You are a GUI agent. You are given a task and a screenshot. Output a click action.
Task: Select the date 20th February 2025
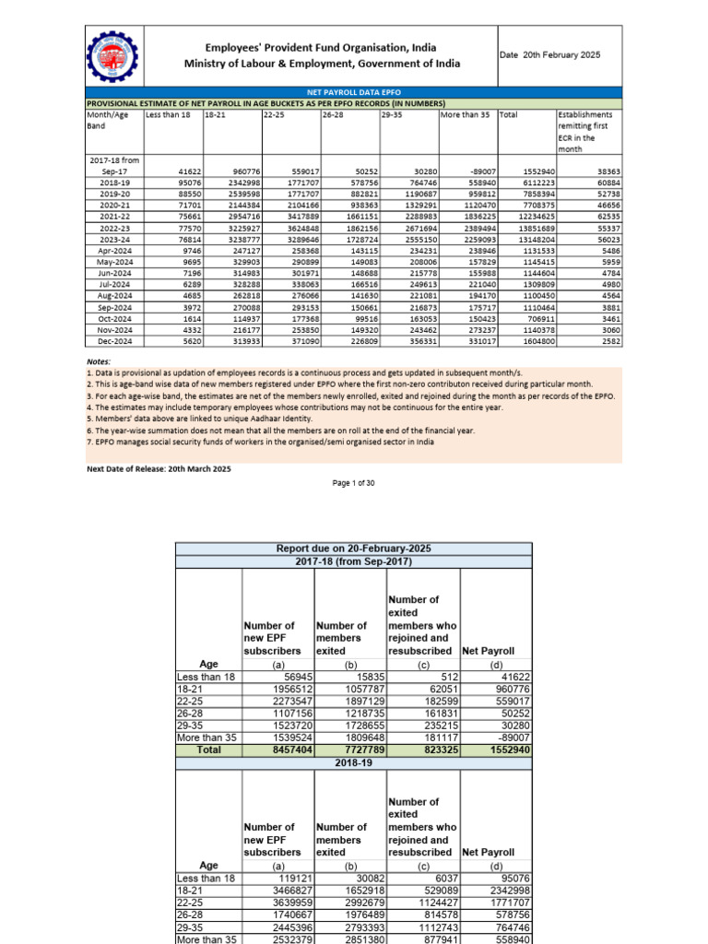(549, 55)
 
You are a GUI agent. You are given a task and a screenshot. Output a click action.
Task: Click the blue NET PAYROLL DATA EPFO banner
(353, 93)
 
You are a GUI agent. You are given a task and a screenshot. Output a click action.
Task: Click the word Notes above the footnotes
(99, 362)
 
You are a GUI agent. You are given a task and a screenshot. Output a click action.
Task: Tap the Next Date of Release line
(159, 469)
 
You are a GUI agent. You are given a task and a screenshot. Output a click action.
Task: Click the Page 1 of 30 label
(354, 484)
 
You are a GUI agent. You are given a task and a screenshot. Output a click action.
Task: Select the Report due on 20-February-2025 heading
(354, 549)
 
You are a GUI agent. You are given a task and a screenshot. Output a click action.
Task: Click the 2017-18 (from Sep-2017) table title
(354, 561)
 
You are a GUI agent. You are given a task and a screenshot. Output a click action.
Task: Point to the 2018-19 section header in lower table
(354, 764)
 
